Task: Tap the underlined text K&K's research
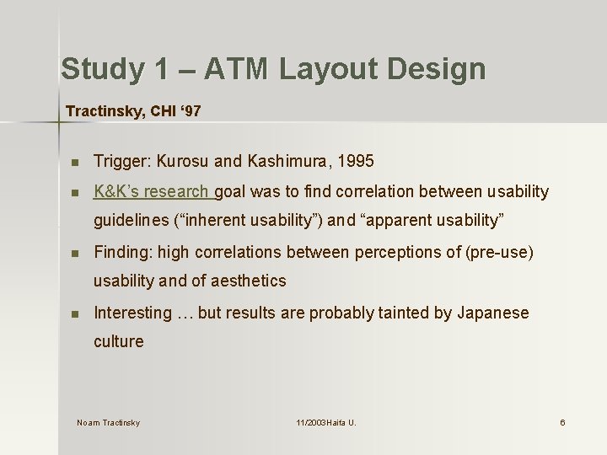pyautogui.click(x=154, y=191)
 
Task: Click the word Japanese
pyautogui.click(x=493, y=313)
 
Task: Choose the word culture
pyautogui.click(x=119, y=341)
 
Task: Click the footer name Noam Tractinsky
pyautogui.click(x=108, y=422)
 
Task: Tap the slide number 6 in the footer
pyautogui.click(x=562, y=422)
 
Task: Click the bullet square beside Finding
pyautogui.click(x=75, y=253)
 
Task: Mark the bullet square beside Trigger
pyautogui.click(x=75, y=161)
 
